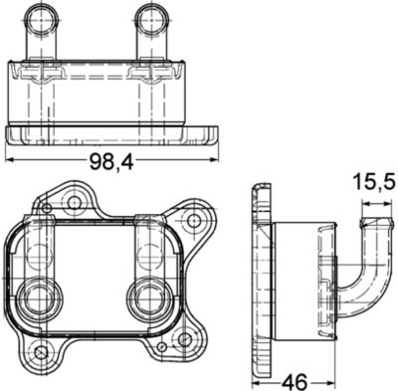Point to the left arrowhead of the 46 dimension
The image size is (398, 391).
tap(255, 381)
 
